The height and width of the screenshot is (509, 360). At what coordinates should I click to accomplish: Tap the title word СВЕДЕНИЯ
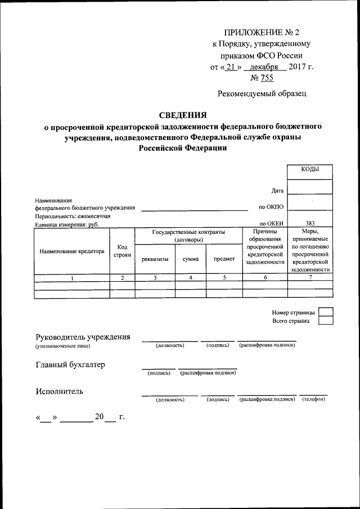point(183,115)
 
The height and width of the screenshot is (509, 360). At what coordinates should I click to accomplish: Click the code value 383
point(309,223)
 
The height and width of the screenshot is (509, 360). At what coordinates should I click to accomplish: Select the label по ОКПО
point(271,208)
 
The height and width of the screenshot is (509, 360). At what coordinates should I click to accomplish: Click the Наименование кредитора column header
point(72,251)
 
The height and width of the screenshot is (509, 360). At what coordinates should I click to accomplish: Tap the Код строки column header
point(122,251)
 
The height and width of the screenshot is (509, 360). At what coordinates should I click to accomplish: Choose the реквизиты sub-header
point(155,259)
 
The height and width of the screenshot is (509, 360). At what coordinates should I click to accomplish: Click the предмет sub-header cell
point(224,259)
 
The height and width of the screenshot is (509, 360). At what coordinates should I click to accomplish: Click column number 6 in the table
point(264,278)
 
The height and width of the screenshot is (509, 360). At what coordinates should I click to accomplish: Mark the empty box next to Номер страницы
point(325,312)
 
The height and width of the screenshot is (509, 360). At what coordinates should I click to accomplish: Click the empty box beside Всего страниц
point(325,321)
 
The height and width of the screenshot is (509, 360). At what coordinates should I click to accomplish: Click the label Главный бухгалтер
point(70,364)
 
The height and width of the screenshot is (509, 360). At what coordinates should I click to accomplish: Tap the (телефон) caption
point(313,399)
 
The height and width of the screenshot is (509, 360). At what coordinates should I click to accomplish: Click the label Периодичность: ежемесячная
point(73,216)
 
